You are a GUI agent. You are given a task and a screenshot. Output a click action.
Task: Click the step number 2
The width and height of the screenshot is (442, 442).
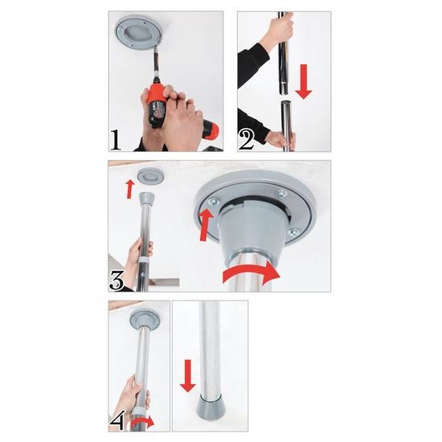[x=247, y=139]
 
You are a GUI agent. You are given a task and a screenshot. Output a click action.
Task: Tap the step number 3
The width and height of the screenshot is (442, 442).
[x=117, y=280]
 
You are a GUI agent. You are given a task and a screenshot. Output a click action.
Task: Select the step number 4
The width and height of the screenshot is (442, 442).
[x=117, y=421]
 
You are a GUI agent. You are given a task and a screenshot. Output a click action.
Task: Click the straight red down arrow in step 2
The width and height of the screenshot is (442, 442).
[x=303, y=82]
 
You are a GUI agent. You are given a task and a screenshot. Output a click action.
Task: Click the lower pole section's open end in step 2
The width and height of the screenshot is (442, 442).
[x=284, y=105]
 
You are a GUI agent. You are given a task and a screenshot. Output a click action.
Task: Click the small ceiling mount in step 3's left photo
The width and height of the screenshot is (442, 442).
[x=148, y=175]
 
